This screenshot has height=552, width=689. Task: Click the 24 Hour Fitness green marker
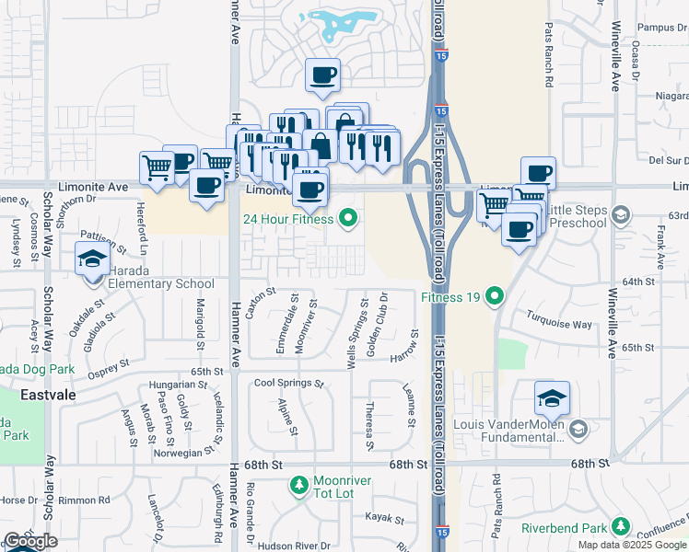[347, 219]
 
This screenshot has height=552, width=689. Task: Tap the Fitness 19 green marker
[495, 296]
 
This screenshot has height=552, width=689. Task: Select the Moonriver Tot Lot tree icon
[298, 483]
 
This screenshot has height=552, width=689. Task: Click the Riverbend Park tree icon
[622, 528]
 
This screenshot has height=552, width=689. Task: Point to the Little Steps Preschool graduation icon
[621, 215]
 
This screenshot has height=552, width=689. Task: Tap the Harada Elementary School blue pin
[91, 261]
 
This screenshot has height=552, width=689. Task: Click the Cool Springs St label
[288, 383]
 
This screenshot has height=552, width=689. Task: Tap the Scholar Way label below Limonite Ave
[49, 315]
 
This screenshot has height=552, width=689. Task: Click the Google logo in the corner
[30, 541]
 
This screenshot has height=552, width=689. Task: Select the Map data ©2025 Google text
[632, 545]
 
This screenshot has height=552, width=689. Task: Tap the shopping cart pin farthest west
[157, 168]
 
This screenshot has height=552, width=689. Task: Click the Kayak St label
[384, 517]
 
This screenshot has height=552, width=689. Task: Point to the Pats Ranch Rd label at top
[548, 54]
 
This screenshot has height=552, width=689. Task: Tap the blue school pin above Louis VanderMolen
[552, 398]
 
